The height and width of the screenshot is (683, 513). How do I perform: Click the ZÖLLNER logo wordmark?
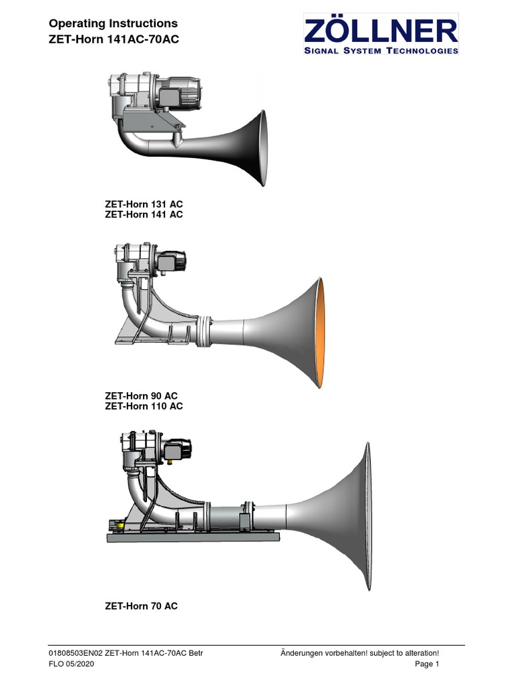tap(381, 31)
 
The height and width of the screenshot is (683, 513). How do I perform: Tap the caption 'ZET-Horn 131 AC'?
tap(144, 203)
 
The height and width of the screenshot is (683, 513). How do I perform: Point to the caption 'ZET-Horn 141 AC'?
tap(144, 214)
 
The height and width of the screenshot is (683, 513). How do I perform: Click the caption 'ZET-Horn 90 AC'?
tap(141, 396)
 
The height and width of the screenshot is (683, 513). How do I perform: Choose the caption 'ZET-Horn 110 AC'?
tap(144, 406)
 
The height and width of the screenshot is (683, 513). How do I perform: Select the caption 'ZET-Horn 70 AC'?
tap(141, 606)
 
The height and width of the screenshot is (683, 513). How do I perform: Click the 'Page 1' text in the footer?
tap(426, 664)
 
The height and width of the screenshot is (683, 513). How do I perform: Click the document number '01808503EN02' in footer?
tap(76, 652)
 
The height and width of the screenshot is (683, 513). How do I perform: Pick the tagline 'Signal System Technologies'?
tap(381, 50)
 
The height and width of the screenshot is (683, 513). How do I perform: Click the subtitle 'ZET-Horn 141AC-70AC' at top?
tap(114, 39)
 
